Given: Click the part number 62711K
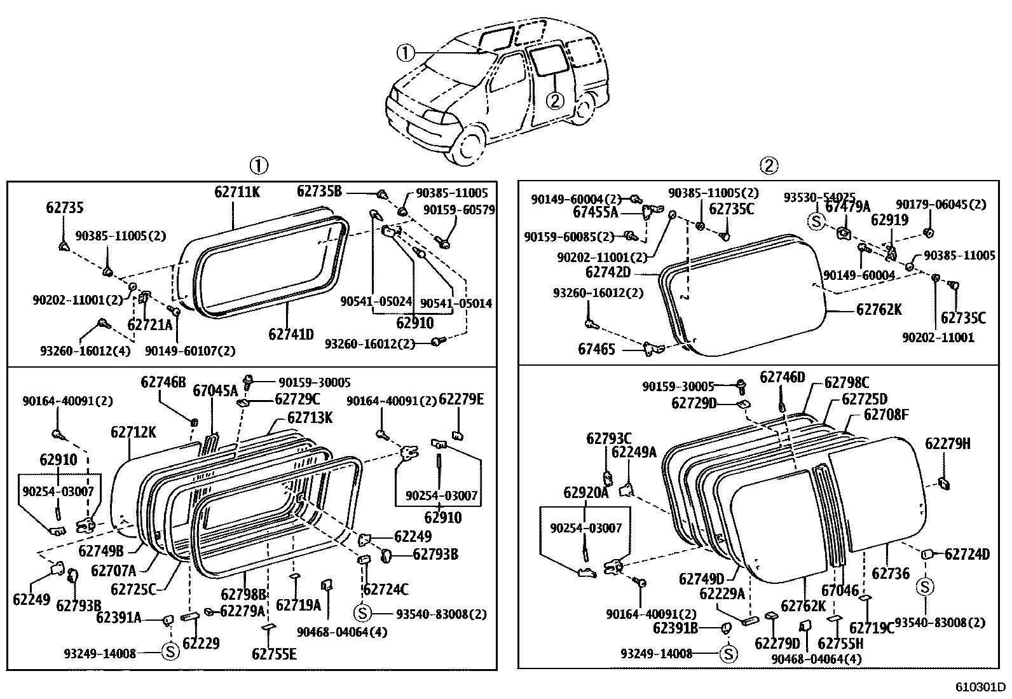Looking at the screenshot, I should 236,191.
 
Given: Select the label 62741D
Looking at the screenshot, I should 291,333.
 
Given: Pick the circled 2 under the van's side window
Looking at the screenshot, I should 554,100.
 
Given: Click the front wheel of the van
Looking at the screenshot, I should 469,144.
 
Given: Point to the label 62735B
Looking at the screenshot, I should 319,191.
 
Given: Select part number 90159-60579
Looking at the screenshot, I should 458,209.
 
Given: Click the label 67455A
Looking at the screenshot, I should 595,211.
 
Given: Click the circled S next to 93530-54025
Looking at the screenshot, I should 816,221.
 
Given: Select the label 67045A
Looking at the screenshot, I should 215,390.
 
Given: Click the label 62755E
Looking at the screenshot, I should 274,654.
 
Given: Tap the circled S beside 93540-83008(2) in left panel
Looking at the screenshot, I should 362,613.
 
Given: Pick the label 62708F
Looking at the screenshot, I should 885,415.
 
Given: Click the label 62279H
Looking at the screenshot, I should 947,443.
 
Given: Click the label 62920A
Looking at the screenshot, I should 585,492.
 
